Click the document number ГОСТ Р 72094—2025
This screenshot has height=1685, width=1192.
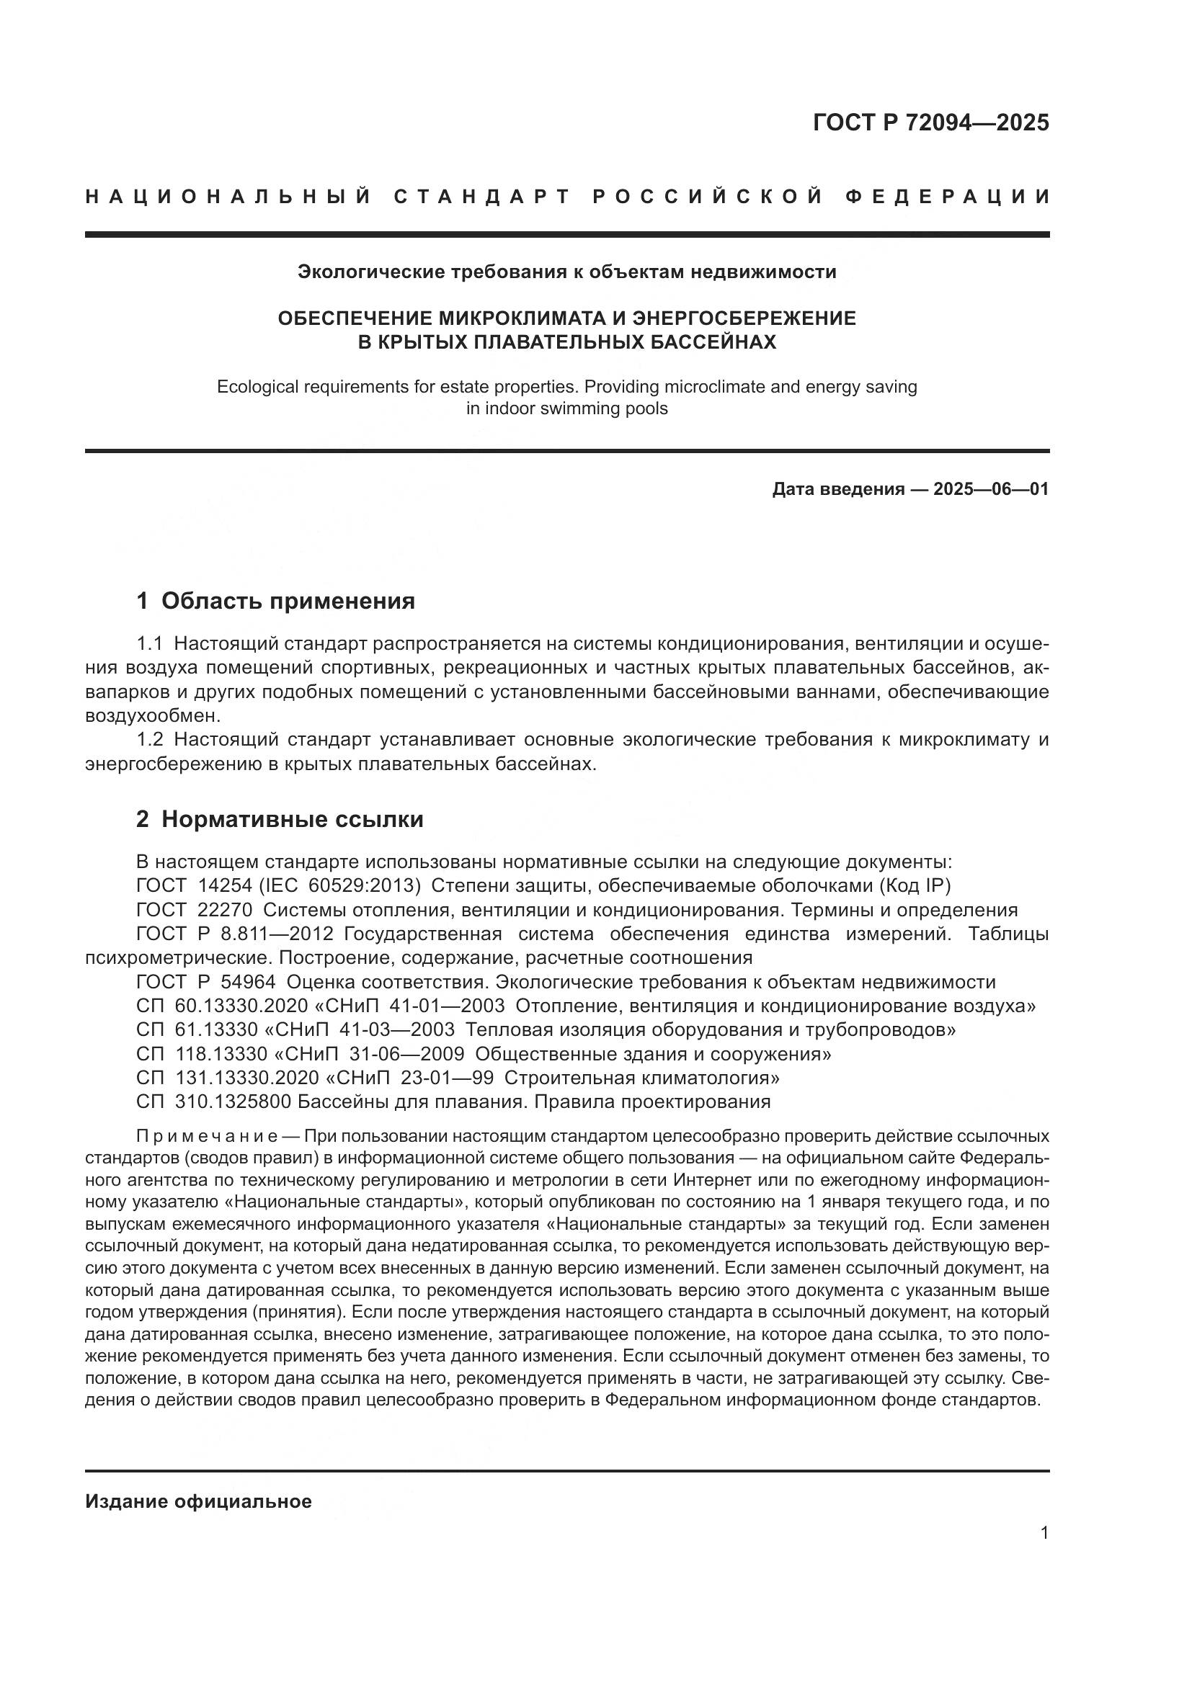point(930,122)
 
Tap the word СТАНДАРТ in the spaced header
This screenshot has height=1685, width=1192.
point(481,197)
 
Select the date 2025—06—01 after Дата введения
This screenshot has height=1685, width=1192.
point(991,488)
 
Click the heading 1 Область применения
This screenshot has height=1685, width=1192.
point(275,601)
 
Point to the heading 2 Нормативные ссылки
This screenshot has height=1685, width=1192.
point(280,819)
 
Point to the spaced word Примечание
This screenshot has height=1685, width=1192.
point(206,1137)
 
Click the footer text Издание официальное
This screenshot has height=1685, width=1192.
point(198,1501)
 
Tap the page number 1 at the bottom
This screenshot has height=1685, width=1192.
point(1044,1533)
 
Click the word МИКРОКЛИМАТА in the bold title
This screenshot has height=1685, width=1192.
point(520,318)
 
